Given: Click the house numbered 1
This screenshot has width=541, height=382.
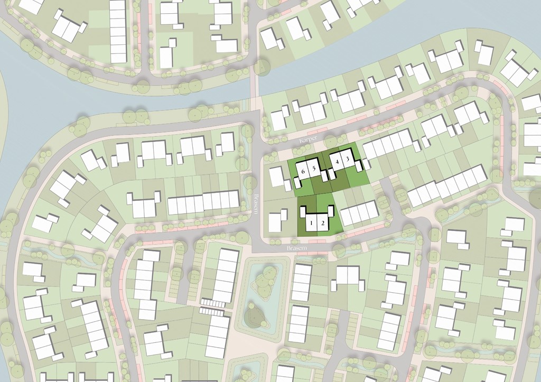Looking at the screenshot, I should pos(311,222).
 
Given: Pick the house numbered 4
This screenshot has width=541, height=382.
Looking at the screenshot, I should pos(337,160).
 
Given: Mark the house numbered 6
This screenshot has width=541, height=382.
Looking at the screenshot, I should pos(303,171).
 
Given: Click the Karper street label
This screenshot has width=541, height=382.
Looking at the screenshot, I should pos(307,139).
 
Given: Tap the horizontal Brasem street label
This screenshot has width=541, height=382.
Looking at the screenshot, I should pos(297,247).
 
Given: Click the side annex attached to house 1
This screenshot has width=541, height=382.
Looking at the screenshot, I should pos(302,212).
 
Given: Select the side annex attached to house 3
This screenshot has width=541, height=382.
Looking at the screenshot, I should pos(359,167).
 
